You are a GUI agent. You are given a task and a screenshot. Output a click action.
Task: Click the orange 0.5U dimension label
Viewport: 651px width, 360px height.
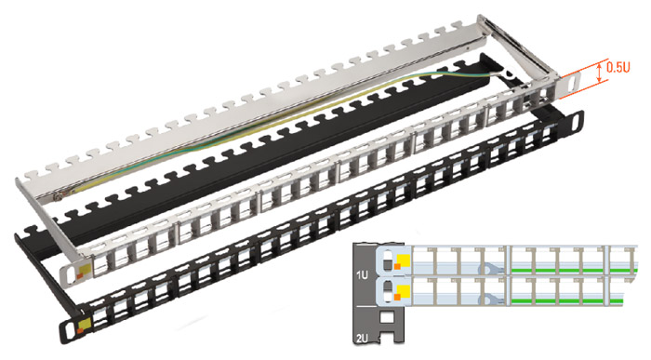click(x=618, y=67)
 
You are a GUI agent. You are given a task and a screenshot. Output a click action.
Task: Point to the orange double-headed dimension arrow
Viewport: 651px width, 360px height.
click(x=599, y=72)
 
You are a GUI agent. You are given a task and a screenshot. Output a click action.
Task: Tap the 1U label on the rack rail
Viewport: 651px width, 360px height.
click(x=362, y=274)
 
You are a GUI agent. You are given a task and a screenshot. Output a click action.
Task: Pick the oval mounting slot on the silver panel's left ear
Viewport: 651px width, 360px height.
click(x=69, y=274)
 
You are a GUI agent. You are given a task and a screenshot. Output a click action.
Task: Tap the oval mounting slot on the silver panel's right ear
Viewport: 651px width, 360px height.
click(x=572, y=84)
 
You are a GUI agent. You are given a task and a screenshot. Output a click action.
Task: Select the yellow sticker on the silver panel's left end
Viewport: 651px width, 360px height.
click(x=84, y=271)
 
